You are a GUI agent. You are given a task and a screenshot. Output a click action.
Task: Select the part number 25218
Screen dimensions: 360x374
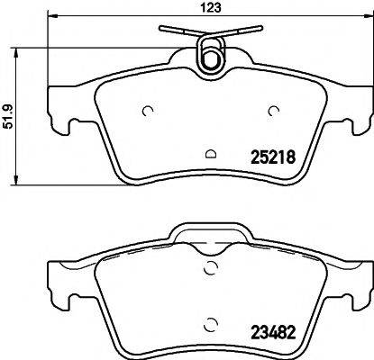tap(271, 155)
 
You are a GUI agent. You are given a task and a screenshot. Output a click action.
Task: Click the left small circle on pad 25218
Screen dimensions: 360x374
tap(148, 112)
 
